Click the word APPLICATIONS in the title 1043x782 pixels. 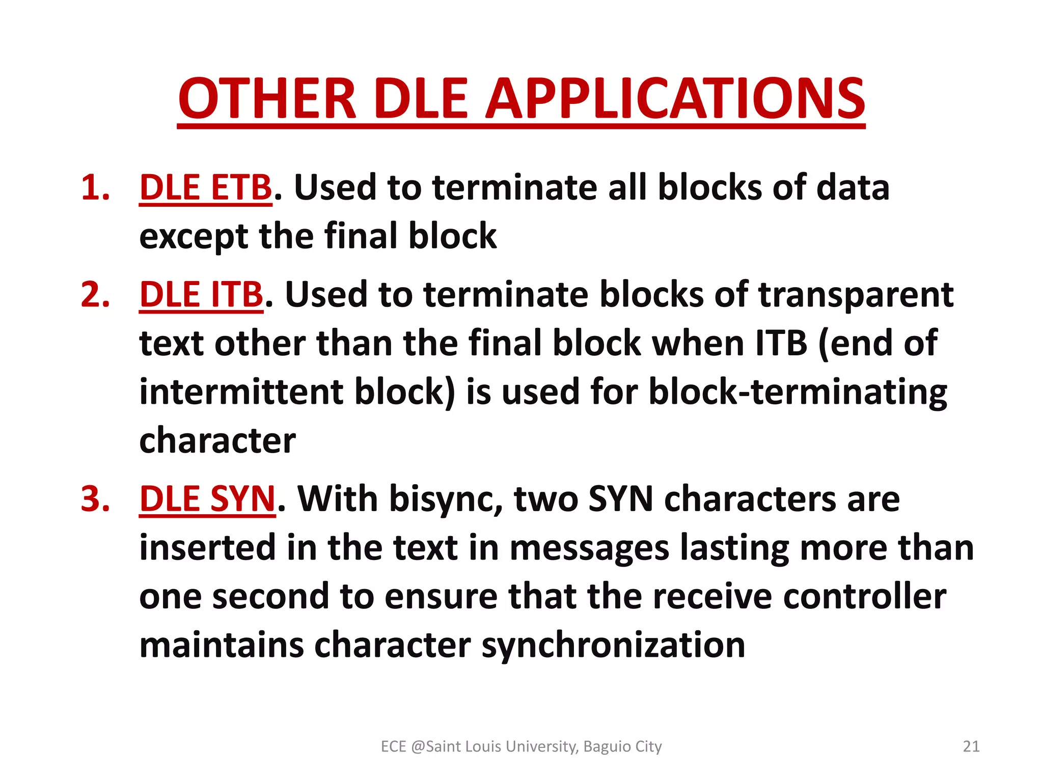[674, 99]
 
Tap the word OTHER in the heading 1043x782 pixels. [267, 99]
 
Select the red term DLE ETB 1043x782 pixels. [206, 187]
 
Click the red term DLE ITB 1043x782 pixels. [201, 295]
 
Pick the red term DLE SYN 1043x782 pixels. [207, 498]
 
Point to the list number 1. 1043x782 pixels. [95, 187]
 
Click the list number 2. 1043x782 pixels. [95, 295]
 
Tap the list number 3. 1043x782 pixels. [95, 498]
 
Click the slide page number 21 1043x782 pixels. [971, 746]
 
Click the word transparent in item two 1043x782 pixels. [856, 295]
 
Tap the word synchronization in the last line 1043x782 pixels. [613, 645]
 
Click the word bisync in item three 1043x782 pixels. [446, 498]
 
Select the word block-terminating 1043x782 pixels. [798, 392]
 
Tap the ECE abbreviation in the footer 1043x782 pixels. [393, 746]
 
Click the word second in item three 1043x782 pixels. [270, 596]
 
